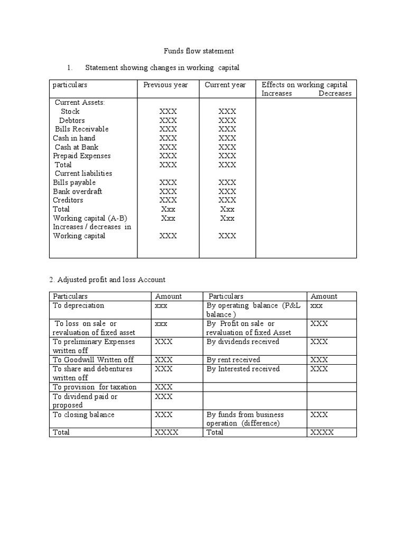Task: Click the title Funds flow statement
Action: [x=197, y=51]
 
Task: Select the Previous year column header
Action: [x=165, y=85]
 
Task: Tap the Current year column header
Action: [x=225, y=85]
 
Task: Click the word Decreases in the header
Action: [x=335, y=94]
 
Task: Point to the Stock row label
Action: [x=70, y=111]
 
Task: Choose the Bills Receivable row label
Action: [x=81, y=129]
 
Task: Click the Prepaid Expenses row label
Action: [x=82, y=156]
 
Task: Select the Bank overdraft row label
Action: [x=78, y=192]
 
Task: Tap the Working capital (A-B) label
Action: [x=90, y=218]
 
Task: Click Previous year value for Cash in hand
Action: [x=168, y=138]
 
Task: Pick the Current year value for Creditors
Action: [x=227, y=201]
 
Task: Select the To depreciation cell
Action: [x=79, y=305]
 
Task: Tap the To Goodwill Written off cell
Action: [x=93, y=360]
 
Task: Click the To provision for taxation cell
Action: [x=95, y=387]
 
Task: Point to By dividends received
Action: [x=243, y=342]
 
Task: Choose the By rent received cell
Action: [x=233, y=360]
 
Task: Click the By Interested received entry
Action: [x=243, y=369]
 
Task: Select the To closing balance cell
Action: [x=84, y=415]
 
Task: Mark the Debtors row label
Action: [x=72, y=120]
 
